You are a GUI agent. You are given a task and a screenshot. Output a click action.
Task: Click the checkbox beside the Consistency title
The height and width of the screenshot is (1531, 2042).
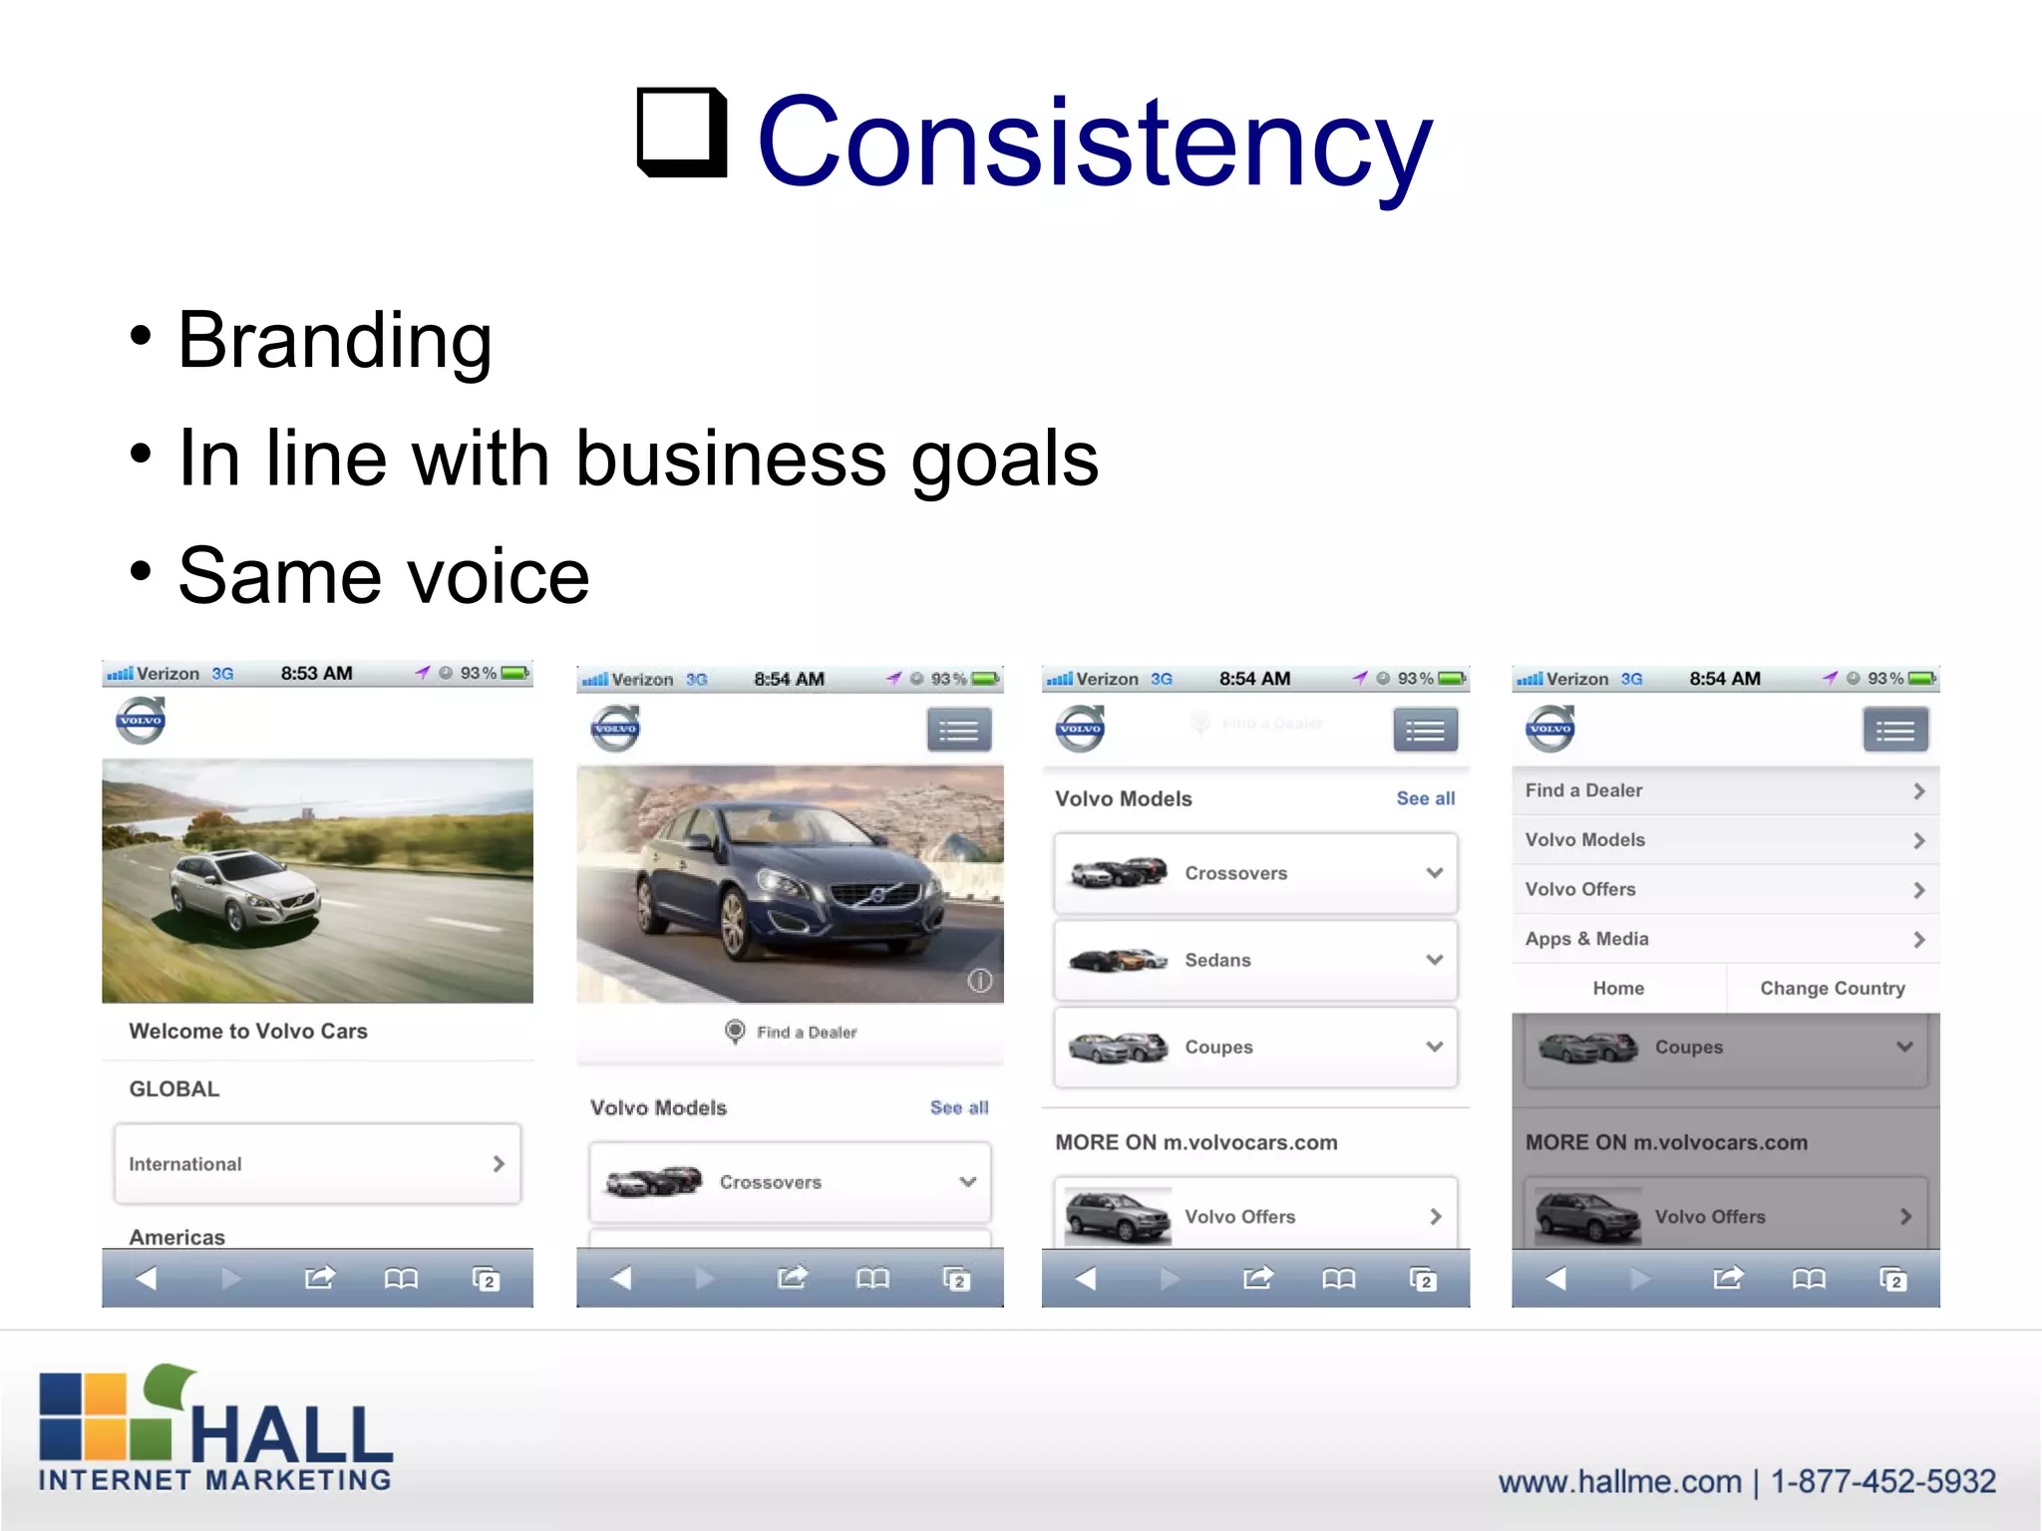click(682, 132)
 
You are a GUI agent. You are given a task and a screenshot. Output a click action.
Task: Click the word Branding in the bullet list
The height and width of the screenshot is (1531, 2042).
click(335, 341)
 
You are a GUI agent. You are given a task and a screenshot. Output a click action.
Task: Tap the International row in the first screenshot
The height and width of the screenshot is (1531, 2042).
click(317, 1163)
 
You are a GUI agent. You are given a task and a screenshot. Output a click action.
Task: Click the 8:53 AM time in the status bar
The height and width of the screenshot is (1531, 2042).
click(316, 673)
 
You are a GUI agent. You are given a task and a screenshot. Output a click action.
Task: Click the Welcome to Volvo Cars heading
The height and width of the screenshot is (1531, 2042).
click(248, 1031)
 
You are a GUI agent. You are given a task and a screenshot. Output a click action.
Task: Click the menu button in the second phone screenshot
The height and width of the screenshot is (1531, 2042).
click(959, 731)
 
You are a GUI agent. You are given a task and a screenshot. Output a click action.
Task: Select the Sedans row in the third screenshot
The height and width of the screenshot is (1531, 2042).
click(1255, 960)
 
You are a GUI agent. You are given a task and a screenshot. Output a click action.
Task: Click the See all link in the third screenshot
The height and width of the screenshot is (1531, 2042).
click(1425, 798)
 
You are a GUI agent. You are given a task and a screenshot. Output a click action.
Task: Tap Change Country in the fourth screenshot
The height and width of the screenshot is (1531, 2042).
click(1832, 988)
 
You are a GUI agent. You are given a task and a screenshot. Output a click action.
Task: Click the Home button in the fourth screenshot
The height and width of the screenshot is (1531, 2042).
click(1618, 988)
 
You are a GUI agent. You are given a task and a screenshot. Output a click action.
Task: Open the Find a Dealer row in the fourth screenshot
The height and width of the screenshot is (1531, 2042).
click(1725, 790)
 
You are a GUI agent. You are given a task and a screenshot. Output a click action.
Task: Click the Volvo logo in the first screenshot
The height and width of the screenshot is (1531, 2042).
click(141, 721)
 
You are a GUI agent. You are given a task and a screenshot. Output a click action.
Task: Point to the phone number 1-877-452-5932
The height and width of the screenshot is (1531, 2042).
click(1882, 1481)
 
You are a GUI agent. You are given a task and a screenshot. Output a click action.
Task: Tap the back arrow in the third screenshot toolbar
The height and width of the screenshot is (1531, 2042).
click(1086, 1278)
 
